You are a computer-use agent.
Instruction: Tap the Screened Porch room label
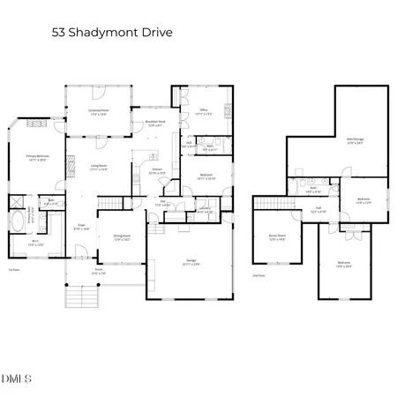(98, 113)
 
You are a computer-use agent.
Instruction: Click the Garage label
(190, 260)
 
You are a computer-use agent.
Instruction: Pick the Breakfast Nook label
(156, 124)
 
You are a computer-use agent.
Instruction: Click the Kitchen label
(156, 171)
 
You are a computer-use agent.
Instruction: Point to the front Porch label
(98, 273)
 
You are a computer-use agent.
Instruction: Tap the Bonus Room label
(279, 236)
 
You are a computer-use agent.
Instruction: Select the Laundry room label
(204, 211)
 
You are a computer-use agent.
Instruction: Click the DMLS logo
(17, 379)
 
